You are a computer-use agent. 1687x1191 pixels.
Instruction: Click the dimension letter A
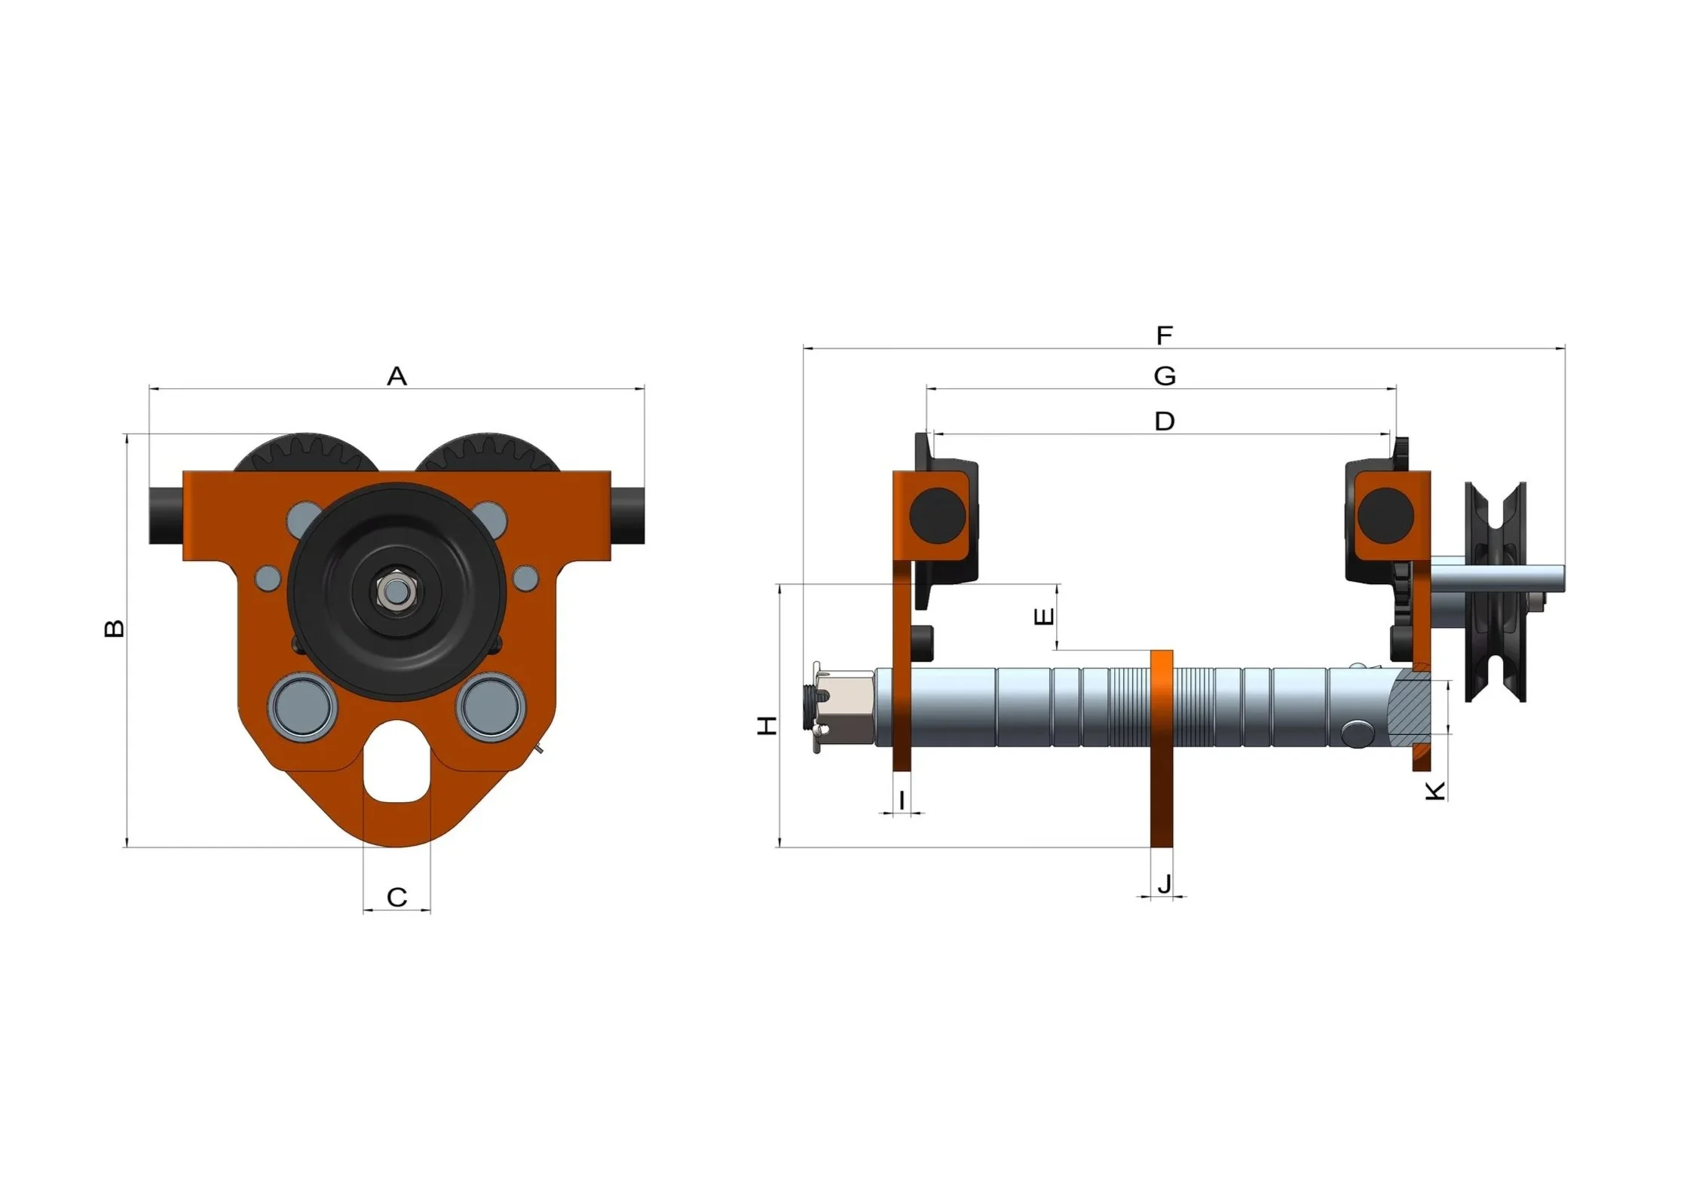(396, 376)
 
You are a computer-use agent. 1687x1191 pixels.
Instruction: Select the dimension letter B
(114, 628)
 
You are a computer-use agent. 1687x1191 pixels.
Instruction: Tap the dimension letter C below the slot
(396, 897)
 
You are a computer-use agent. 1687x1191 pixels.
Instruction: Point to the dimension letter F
(1164, 335)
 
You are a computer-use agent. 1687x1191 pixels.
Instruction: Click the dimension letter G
(1164, 375)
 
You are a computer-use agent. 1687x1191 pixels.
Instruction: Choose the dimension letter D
(1164, 421)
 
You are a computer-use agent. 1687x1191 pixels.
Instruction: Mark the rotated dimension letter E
(1044, 617)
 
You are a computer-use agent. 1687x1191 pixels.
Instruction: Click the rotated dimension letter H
(767, 726)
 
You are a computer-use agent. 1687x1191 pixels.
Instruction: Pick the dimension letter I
(902, 799)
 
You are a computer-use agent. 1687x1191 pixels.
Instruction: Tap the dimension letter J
(1164, 883)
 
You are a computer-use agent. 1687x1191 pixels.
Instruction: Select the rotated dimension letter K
(1435, 791)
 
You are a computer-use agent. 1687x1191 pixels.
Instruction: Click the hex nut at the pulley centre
(395, 592)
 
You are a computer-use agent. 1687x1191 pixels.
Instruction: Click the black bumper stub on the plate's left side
(166, 516)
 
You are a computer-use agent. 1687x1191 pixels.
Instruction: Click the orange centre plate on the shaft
(1162, 746)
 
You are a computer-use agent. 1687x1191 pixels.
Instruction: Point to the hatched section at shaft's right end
(1410, 707)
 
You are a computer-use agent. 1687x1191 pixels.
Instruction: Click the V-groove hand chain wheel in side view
(1495, 592)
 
